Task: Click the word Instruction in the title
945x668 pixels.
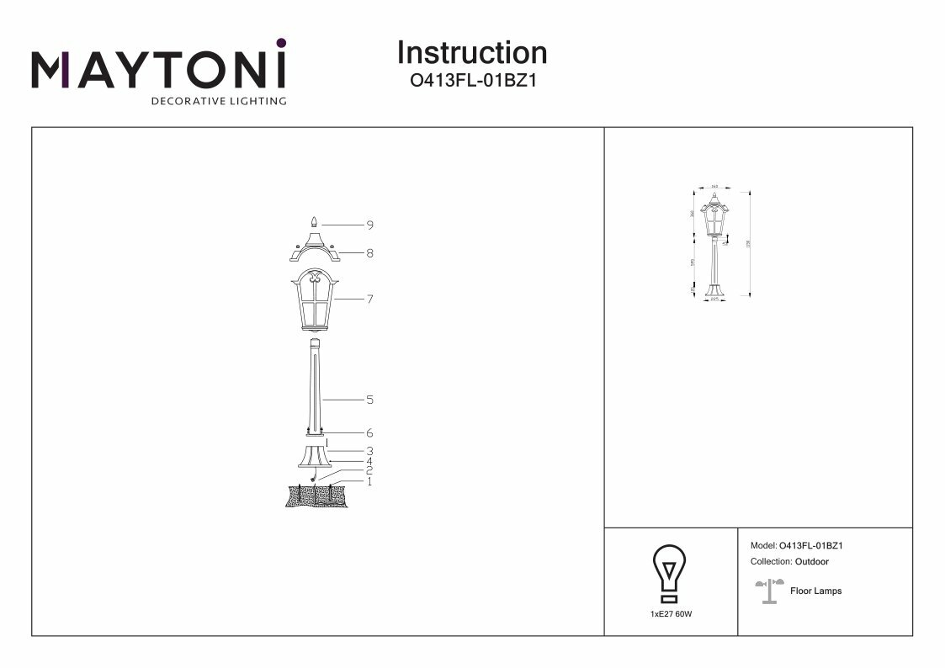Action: click(x=471, y=53)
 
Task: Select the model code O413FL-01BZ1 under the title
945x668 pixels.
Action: click(x=471, y=82)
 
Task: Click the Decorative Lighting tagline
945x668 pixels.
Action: click(x=218, y=102)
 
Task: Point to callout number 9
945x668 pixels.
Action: click(x=369, y=225)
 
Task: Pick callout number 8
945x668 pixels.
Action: click(x=369, y=252)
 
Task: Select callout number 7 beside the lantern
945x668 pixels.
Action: click(x=369, y=299)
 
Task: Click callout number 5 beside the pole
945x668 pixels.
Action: click(x=369, y=400)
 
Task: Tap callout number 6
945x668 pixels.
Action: click(x=369, y=432)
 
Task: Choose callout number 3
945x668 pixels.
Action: click(x=369, y=451)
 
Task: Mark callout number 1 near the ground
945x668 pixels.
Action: click(x=369, y=481)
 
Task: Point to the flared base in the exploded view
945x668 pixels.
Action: click(x=315, y=457)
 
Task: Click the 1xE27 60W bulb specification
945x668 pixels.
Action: click(x=671, y=615)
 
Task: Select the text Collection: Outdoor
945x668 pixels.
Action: click(x=788, y=561)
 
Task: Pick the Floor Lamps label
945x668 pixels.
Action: click(x=815, y=591)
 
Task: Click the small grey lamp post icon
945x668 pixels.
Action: click(x=768, y=591)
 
